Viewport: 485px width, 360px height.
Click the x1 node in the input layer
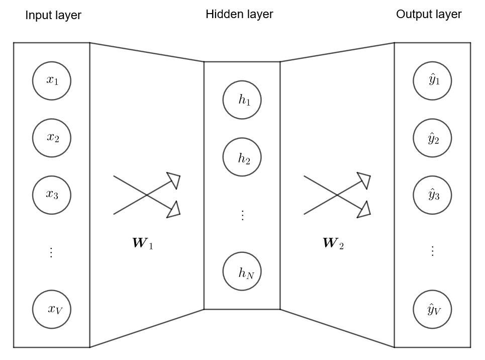52,80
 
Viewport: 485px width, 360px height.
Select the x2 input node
52,138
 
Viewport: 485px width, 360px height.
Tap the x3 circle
52,195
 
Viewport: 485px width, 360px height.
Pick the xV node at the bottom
52,309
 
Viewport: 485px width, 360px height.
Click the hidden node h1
242,100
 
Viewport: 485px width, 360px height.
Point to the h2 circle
242,158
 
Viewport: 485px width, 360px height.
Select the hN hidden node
242,273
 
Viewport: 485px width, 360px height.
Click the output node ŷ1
433,80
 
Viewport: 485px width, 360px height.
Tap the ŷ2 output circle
433,138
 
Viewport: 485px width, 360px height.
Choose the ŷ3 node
433,195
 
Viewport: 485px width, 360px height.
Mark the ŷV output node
433,309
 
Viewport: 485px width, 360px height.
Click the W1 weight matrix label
142,245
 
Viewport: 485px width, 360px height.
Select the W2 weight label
333,245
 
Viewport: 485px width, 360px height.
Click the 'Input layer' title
53,16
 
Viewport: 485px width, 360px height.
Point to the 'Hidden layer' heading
239,14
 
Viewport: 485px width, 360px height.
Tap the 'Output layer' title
429,14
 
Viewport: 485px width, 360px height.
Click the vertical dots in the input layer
51,252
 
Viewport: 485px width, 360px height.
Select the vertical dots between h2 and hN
242,215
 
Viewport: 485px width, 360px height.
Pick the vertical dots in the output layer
432,251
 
